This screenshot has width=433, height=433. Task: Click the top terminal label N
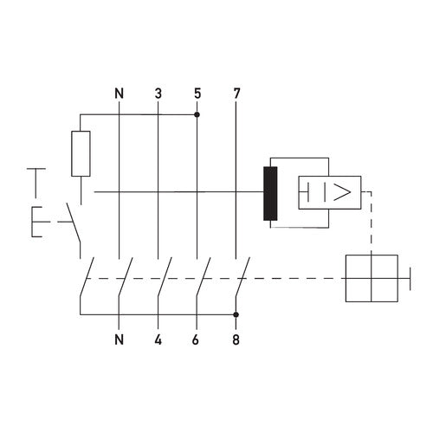click(119, 92)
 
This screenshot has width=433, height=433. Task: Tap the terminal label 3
click(158, 92)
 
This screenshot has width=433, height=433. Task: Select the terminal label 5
click(197, 92)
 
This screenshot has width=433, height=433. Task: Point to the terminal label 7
click(236, 92)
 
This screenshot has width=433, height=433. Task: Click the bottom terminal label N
click(119, 339)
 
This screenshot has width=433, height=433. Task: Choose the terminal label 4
click(158, 339)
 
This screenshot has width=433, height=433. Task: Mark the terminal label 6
click(197, 339)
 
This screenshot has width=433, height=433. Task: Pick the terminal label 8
click(236, 339)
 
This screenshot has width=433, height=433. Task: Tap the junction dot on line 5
click(197, 114)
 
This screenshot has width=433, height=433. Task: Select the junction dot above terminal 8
click(236, 315)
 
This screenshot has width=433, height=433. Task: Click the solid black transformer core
click(271, 192)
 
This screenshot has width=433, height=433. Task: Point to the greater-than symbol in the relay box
click(343, 191)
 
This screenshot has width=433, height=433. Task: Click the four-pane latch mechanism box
click(372, 278)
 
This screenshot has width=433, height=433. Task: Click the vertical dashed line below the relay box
click(372, 225)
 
